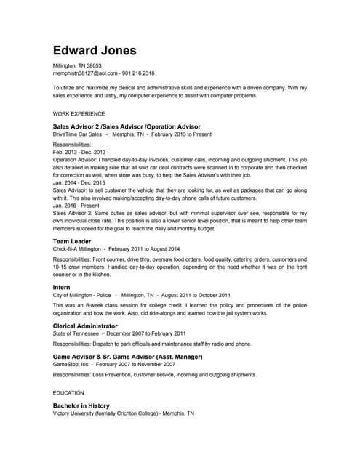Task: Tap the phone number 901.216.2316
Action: [x=137, y=73]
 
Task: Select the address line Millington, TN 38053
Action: [x=77, y=65]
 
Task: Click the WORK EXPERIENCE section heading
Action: [x=79, y=114]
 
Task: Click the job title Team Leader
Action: [x=72, y=240]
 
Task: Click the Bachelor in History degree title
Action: [x=81, y=405]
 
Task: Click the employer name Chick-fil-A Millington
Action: [x=77, y=248]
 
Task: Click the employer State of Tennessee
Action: [x=76, y=334]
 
